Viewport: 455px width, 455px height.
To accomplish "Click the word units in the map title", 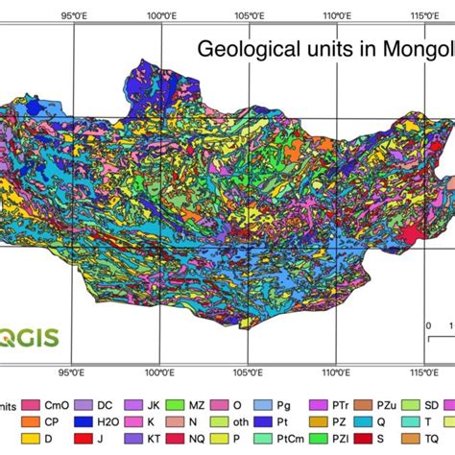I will pos(312,48).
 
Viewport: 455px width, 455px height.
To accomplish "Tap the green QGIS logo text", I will pos(29,338).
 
